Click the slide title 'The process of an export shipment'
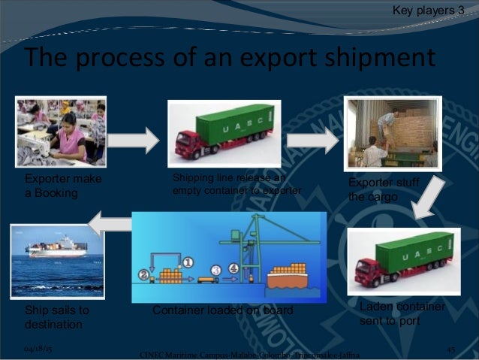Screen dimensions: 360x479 [x=229, y=56]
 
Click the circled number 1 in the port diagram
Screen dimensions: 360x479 [x=188, y=262]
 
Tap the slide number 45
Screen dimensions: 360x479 [x=451, y=349]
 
